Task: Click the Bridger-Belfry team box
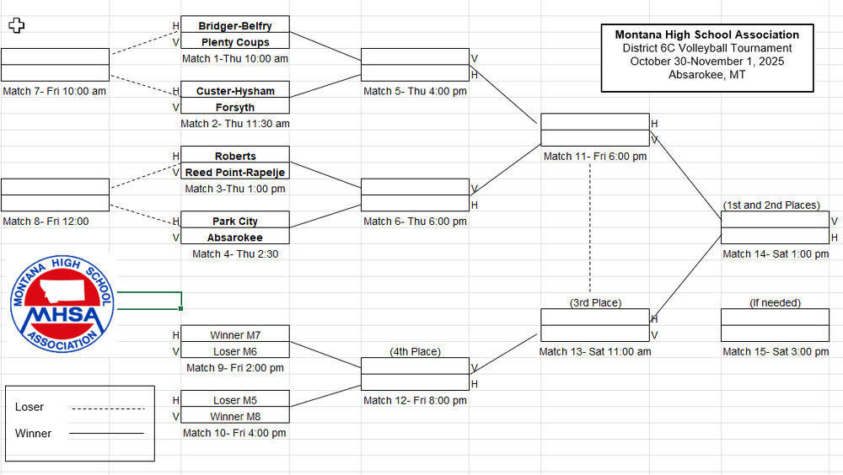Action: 235,25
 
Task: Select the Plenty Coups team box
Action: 235,42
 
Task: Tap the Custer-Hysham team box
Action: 235,91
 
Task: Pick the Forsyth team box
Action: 235,107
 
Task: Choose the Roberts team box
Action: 235,156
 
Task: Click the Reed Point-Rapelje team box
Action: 235,172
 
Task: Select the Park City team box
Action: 235,221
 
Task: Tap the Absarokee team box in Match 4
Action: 235,237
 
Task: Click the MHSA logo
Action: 62,305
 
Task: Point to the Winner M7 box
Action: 235,334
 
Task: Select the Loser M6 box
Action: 235,351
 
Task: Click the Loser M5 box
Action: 235,400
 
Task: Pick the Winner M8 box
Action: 235,415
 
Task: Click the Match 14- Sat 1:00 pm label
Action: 775,254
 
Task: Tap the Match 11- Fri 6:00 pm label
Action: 595,156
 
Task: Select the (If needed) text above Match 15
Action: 775,302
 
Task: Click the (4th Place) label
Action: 415,351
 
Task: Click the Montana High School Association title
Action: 706,35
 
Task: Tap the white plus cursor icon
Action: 17,25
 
